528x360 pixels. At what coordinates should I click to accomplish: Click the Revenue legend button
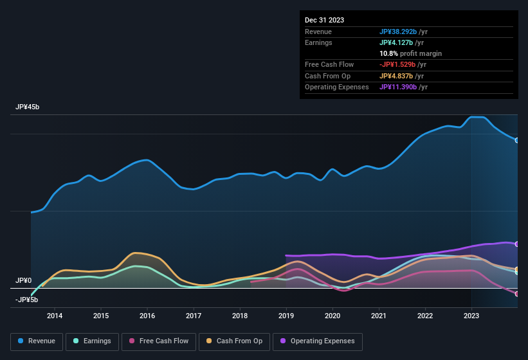click(37, 341)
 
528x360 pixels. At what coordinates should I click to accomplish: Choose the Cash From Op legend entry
click(234, 341)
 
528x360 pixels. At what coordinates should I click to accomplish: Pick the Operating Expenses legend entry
click(318, 341)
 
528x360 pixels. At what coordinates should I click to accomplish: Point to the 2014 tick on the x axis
click(55, 316)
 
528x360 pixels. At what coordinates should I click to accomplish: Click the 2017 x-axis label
click(194, 316)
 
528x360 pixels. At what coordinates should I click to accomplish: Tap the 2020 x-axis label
click(332, 316)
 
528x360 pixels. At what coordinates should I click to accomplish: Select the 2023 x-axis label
click(471, 316)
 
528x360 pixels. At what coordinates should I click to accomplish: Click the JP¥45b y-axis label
click(28, 107)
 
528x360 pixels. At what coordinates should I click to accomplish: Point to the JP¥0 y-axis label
click(24, 281)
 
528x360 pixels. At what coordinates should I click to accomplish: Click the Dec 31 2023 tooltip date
click(324, 20)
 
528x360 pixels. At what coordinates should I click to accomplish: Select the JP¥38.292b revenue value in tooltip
click(403, 32)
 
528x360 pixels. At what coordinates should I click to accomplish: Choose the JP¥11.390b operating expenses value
click(403, 87)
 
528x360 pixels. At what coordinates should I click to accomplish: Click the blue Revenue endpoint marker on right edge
click(517, 139)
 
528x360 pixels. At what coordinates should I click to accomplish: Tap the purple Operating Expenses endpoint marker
click(517, 244)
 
